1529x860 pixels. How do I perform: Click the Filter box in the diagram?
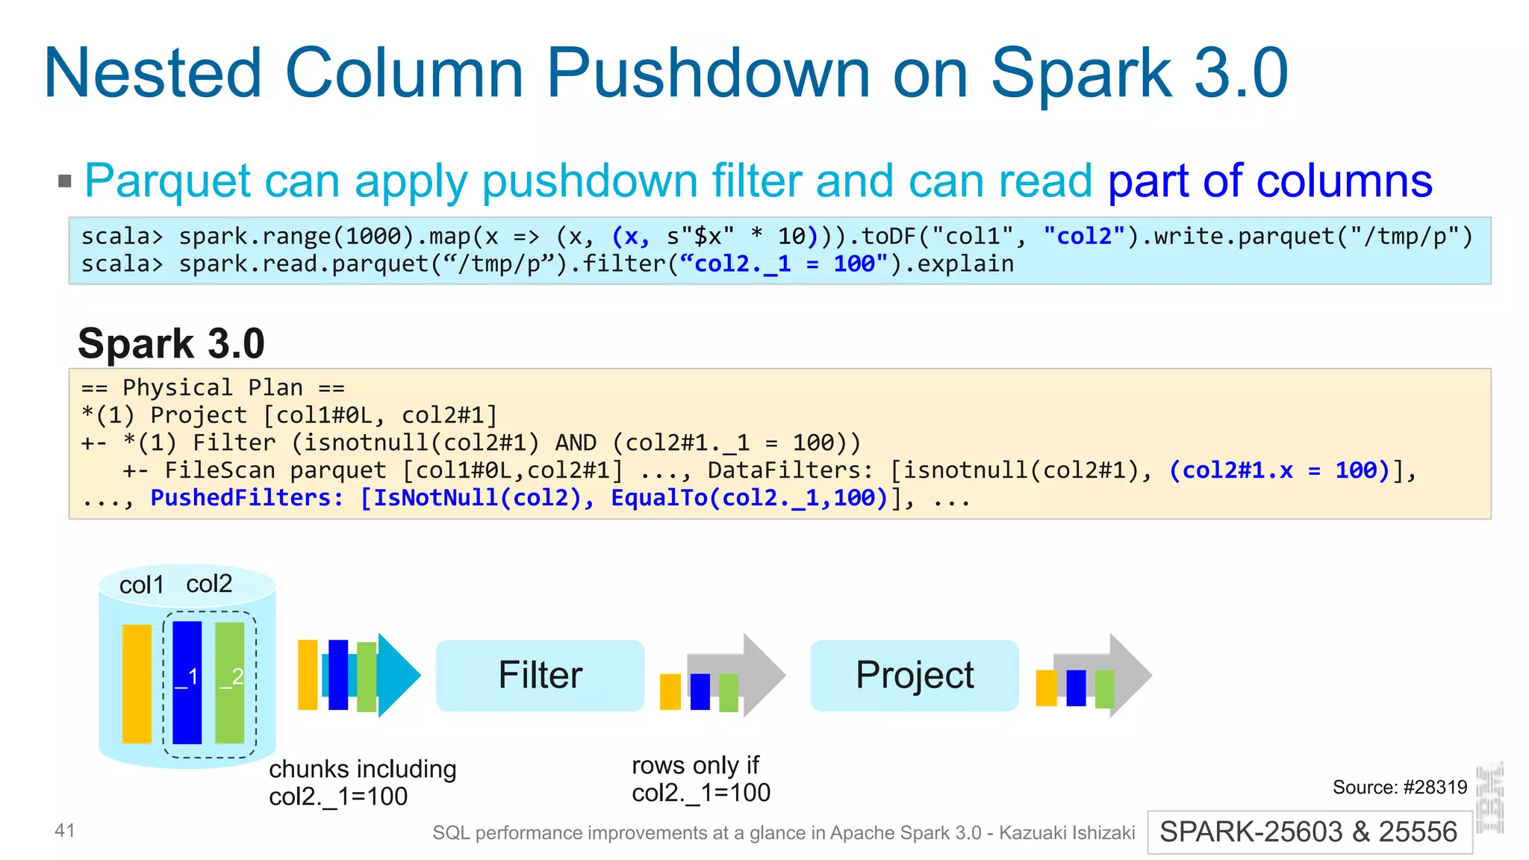click(540, 675)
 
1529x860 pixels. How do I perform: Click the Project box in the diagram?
click(914, 675)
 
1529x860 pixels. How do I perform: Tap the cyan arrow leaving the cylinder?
click(399, 675)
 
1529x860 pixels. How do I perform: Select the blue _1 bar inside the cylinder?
click(187, 682)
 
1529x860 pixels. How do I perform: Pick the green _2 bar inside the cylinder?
click(230, 682)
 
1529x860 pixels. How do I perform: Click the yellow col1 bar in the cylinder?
click(137, 683)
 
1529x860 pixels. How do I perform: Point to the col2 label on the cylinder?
click(209, 584)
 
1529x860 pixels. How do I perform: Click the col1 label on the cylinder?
click(141, 585)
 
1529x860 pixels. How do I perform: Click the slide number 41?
click(65, 830)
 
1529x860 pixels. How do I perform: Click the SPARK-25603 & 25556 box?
click(1309, 832)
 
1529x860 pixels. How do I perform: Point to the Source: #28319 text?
click(1399, 787)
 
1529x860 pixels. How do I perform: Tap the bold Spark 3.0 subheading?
click(171, 343)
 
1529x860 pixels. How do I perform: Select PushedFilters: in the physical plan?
click(247, 498)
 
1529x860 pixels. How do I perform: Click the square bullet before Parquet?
click(65, 181)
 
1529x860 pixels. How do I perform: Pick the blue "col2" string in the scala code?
click(1084, 237)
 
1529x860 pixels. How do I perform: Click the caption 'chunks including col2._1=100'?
click(362, 782)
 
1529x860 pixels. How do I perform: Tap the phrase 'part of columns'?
click(1269, 181)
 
